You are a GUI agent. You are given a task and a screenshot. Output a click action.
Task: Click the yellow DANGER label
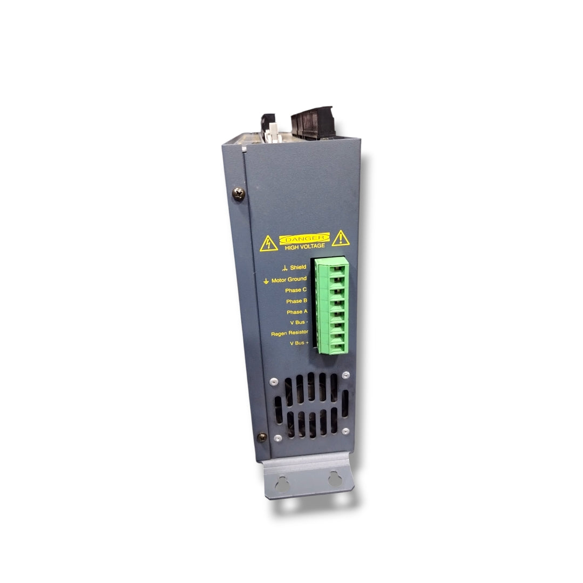click(304, 239)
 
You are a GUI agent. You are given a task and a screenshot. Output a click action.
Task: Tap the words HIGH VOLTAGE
click(305, 247)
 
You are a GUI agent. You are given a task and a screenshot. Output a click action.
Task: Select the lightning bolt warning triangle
click(268, 243)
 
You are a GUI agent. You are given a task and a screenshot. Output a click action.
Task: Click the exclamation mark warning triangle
click(341, 239)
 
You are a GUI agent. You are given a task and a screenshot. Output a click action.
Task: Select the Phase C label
click(296, 290)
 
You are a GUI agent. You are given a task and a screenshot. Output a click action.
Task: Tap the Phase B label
click(297, 301)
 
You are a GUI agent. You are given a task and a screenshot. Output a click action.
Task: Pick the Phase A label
click(297, 312)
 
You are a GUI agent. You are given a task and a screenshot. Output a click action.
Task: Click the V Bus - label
click(299, 322)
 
